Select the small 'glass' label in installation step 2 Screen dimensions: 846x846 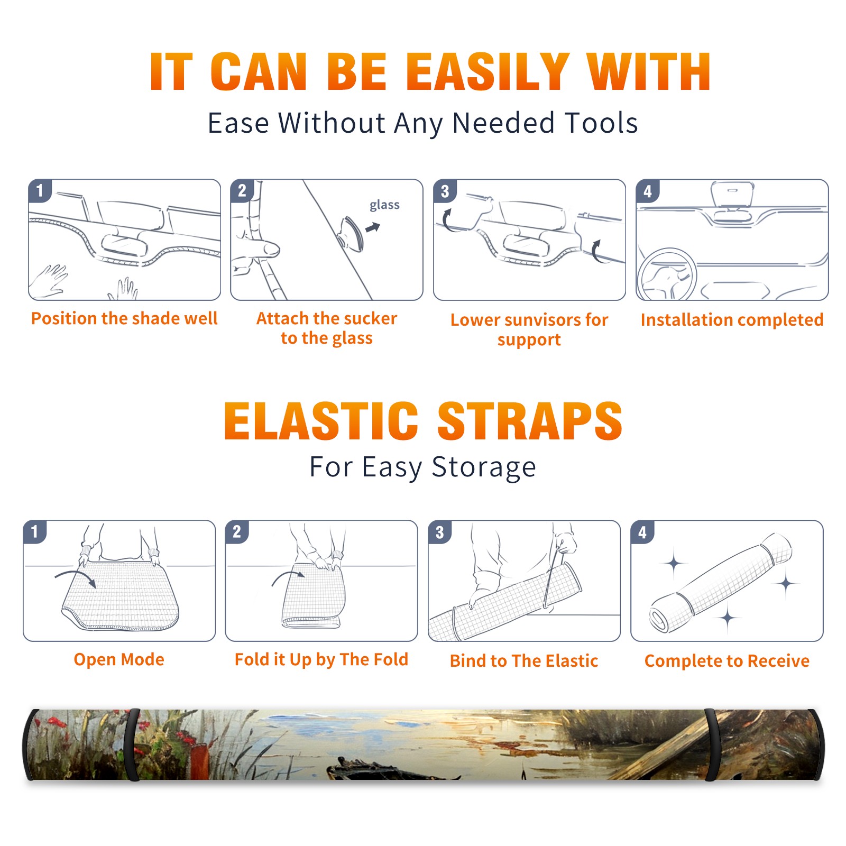(384, 205)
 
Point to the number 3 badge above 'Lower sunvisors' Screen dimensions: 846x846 (445, 191)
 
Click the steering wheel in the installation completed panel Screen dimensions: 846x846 (667, 274)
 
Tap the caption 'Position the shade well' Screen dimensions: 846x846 (124, 318)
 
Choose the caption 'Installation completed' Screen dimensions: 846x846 (732, 320)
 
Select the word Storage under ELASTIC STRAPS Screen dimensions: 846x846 (484, 467)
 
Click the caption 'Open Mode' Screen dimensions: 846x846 (119, 659)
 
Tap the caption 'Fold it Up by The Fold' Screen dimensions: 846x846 (321, 660)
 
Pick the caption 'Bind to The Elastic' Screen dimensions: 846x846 (524, 661)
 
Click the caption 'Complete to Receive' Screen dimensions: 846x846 (727, 661)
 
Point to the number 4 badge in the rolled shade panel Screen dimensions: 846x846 (642, 532)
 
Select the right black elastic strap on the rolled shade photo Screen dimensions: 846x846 (712, 745)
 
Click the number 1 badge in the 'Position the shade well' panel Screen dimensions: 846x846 (40, 190)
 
